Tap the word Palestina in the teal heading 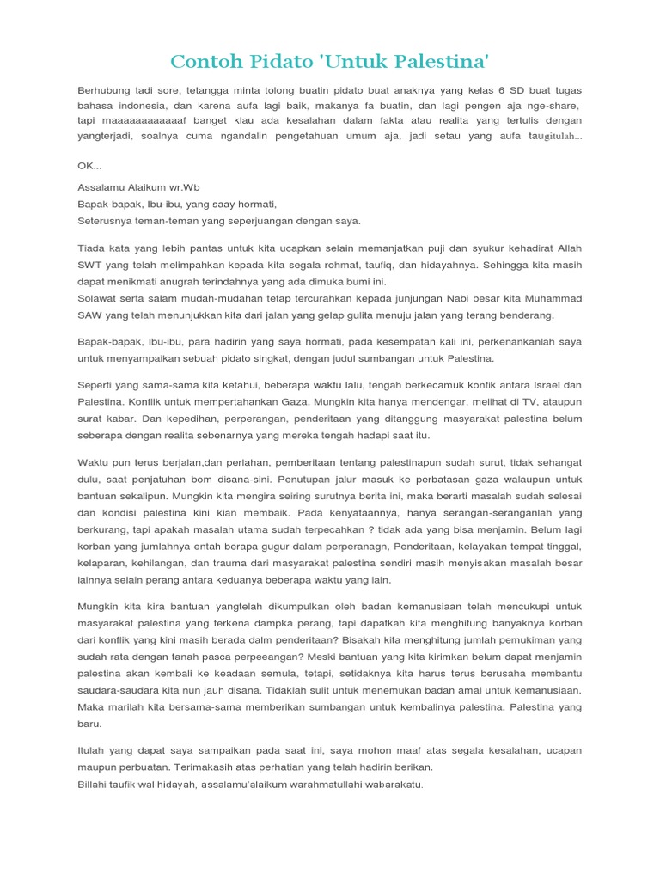(430, 61)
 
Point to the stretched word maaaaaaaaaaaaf (134, 120)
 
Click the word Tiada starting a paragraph (92, 249)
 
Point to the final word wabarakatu (392, 784)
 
